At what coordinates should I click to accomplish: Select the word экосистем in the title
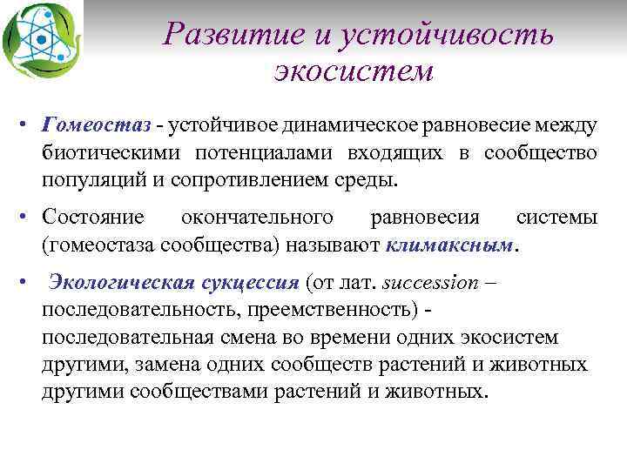pos(353,70)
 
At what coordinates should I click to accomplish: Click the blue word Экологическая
pos(111,283)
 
